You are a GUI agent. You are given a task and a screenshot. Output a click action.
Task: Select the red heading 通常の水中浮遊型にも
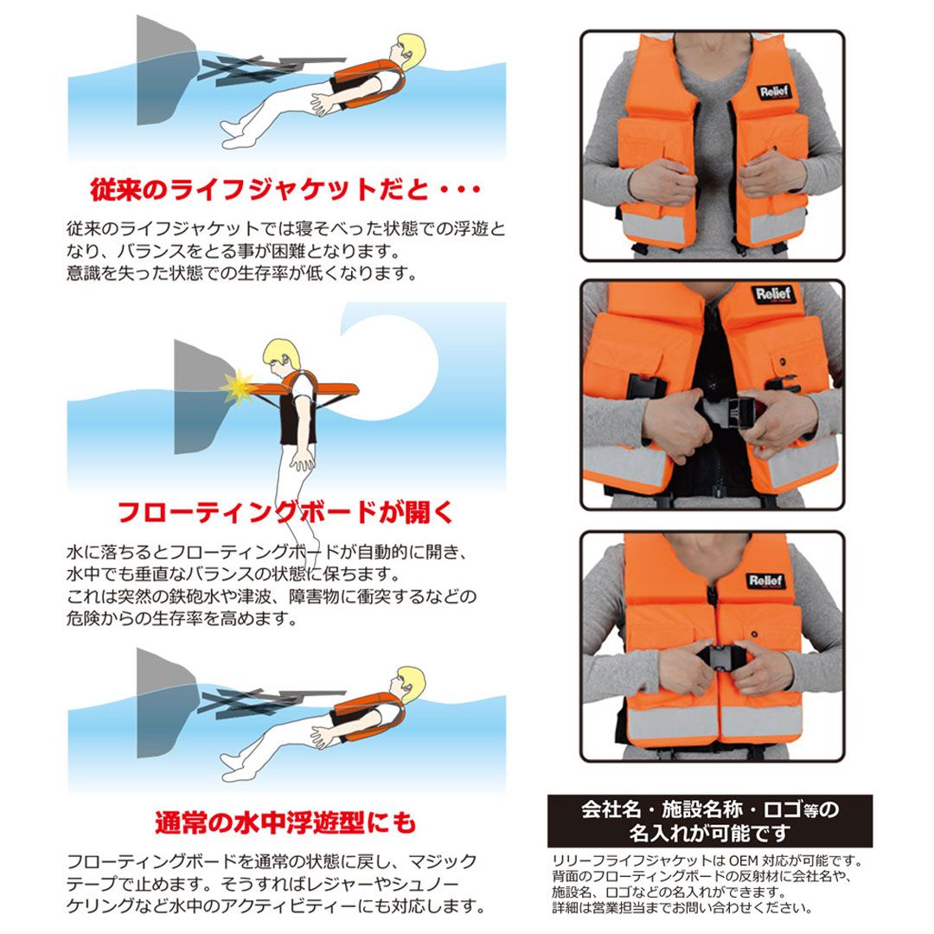pyautogui.click(x=285, y=822)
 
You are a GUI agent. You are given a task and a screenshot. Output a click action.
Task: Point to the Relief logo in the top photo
pyautogui.click(x=774, y=92)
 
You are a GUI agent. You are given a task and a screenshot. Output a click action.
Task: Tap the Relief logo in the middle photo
pyautogui.click(x=773, y=294)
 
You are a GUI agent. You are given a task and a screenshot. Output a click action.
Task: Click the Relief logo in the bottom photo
pyautogui.click(x=766, y=580)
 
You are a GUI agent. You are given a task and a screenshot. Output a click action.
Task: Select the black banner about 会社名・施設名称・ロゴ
pyautogui.click(x=709, y=820)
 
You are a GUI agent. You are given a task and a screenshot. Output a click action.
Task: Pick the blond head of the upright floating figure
pyautogui.click(x=280, y=356)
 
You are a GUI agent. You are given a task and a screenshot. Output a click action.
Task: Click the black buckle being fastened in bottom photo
pyautogui.click(x=725, y=657)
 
